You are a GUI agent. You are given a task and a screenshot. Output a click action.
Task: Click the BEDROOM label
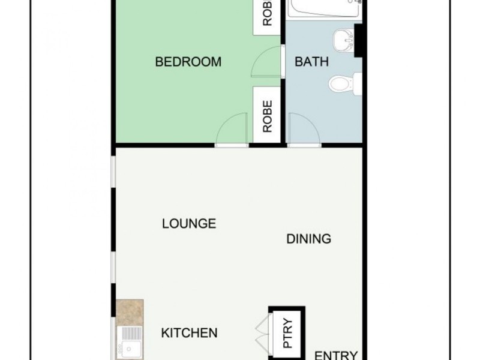[188, 62]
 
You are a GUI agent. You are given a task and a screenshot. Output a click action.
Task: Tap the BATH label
[311, 62]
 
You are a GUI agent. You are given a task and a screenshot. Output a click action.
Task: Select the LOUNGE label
[189, 224]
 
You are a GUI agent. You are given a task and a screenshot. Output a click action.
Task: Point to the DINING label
[308, 239]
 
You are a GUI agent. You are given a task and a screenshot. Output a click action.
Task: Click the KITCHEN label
[189, 333]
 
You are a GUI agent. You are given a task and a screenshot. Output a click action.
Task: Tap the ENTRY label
[335, 355]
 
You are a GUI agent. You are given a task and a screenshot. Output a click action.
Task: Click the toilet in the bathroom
[345, 83]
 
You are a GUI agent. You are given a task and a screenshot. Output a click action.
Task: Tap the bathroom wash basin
[343, 39]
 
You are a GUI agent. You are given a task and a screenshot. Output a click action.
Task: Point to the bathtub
[324, 8]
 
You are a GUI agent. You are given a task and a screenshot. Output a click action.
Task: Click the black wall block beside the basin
[359, 41]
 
